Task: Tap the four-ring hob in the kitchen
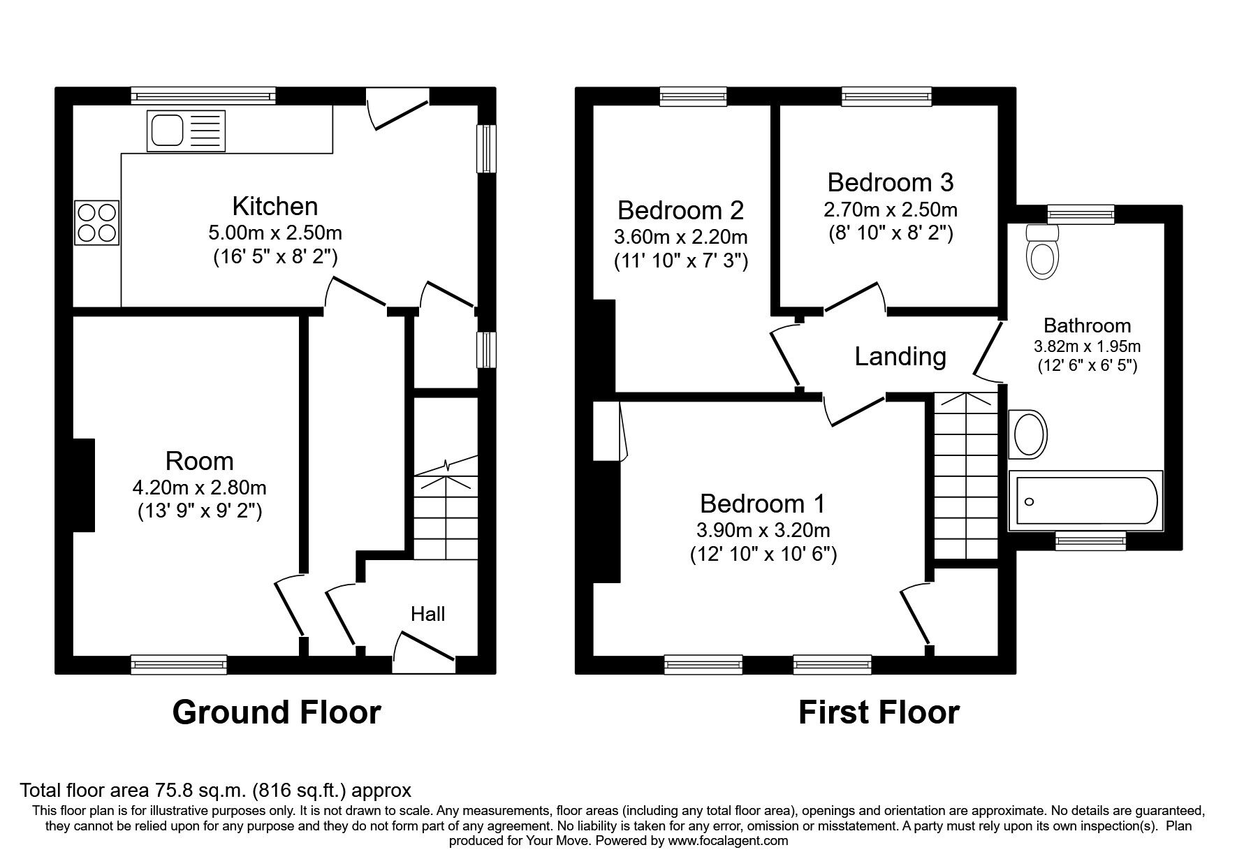click(x=96, y=222)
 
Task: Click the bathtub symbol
click(x=1085, y=500)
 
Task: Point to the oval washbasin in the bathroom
click(x=1028, y=434)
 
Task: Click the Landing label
click(x=900, y=356)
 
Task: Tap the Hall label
click(x=427, y=614)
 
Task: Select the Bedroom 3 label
click(x=890, y=182)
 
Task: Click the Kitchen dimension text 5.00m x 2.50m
click(x=275, y=232)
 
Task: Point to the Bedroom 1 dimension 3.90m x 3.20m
click(x=763, y=530)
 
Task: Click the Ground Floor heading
click(x=276, y=712)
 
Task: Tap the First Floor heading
click(x=878, y=712)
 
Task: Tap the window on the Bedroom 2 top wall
click(x=694, y=96)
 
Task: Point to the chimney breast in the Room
click(x=84, y=485)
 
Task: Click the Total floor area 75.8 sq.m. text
click(x=215, y=791)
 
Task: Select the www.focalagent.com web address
click(x=727, y=841)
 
